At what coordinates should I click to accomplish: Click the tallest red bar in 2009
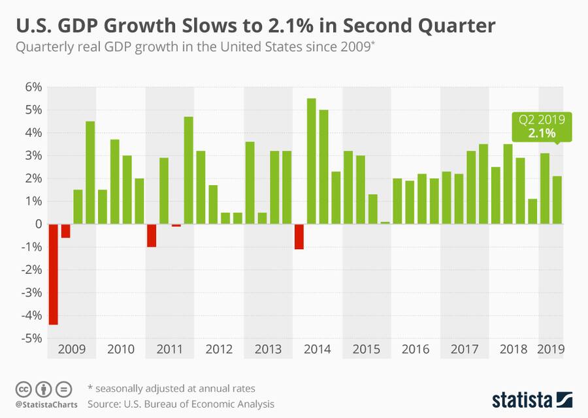tap(53, 274)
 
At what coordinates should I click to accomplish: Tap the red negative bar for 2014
tap(299, 236)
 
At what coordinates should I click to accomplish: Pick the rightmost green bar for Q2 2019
tap(557, 200)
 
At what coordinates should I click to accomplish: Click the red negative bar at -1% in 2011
tap(152, 235)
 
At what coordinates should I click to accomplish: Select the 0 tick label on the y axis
tap(39, 224)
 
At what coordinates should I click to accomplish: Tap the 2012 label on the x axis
tap(219, 350)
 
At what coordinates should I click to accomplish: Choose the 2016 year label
tap(416, 350)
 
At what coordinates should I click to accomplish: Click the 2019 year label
tap(551, 350)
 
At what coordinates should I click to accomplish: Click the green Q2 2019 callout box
tap(542, 127)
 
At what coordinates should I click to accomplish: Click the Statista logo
tap(531, 398)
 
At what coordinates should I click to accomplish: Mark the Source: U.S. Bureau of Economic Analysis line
tap(180, 404)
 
